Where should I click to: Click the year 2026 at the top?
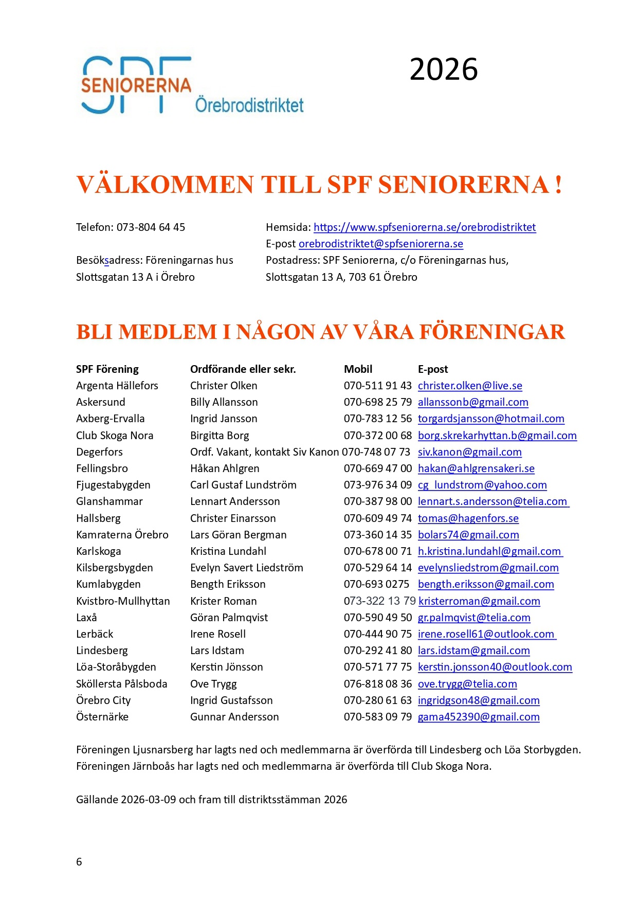click(x=443, y=69)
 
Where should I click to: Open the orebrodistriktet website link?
click(x=425, y=227)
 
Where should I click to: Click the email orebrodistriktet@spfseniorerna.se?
click(x=380, y=244)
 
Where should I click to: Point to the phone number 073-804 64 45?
click(x=151, y=227)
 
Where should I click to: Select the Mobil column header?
click(x=358, y=369)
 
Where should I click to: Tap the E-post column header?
click(x=432, y=369)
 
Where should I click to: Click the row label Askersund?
click(x=100, y=402)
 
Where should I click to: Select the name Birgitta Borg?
click(x=220, y=436)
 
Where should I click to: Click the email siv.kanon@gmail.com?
click(x=469, y=452)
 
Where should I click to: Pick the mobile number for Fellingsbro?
click(x=377, y=468)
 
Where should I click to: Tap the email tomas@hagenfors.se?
click(x=468, y=518)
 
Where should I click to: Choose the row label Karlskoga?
click(x=98, y=551)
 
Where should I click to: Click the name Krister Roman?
click(x=223, y=601)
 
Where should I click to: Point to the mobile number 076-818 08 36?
click(x=377, y=684)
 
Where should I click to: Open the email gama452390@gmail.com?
click(x=478, y=717)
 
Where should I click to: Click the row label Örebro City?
click(x=103, y=700)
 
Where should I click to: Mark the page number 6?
click(x=79, y=862)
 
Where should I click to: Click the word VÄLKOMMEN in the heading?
click(x=165, y=185)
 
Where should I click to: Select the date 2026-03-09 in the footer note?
click(x=148, y=800)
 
